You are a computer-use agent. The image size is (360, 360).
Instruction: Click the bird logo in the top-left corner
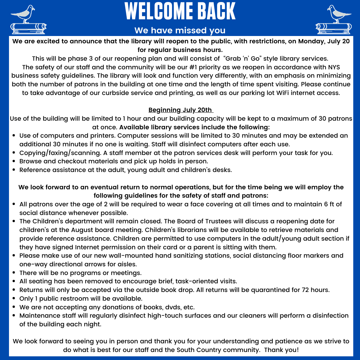[x=28, y=20]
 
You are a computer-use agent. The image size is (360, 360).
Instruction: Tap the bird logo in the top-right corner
[x=334, y=20]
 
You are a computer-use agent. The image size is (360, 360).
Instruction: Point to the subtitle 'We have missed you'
[x=180, y=31]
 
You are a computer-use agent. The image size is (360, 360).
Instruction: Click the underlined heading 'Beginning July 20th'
[x=180, y=110]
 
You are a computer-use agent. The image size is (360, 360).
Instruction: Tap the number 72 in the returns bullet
[x=306, y=290]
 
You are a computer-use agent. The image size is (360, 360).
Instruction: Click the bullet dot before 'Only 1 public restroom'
[x=14, y=299]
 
